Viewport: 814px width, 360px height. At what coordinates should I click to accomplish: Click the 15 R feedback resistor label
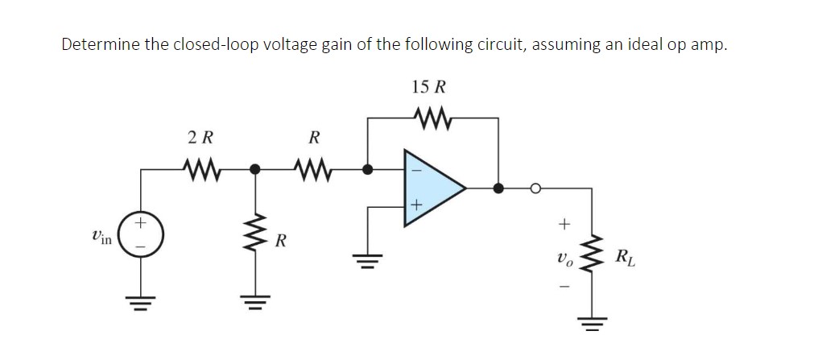pos(429,87)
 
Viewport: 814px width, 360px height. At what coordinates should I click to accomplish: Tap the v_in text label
pos(102,235)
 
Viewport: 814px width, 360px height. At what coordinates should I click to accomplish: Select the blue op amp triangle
pos(432,188)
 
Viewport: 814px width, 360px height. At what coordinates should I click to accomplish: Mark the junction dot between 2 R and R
pos(256,170)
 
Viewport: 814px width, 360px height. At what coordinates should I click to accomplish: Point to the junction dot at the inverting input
pos(368,170)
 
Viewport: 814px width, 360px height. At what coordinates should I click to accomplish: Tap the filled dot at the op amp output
pos(498,188)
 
